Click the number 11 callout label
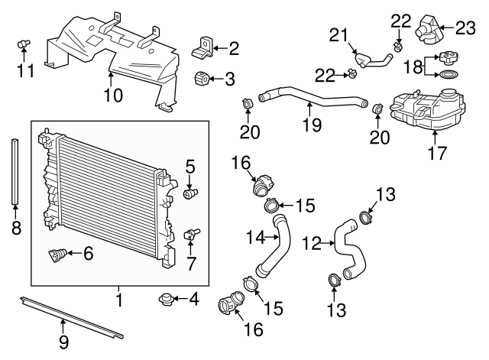coord(24,72)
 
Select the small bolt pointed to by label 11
coord(23,44)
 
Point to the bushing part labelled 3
coord(202,78)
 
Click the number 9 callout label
coord(64,341)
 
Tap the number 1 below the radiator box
coord(119,299)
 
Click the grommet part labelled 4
coord(164,298)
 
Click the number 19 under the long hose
coord(311,125)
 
